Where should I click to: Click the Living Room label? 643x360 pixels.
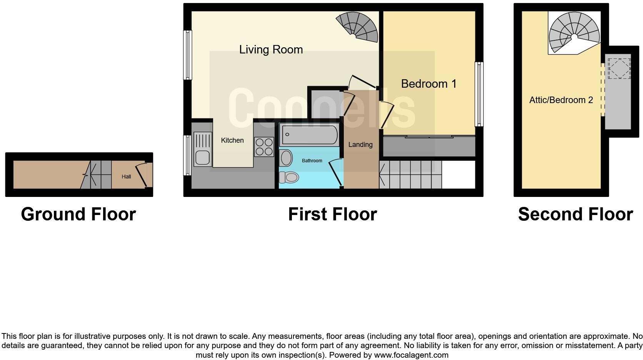271,50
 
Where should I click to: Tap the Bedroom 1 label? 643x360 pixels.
428,84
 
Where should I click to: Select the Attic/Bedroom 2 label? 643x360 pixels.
561,100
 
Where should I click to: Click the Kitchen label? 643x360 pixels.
232,140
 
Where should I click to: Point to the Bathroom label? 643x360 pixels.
312,161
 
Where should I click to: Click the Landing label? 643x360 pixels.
360,145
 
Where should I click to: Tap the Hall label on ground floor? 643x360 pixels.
126,177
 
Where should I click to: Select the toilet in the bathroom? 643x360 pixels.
289,177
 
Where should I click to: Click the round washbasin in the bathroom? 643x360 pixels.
287,158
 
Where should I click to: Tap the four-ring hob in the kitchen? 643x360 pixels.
264,147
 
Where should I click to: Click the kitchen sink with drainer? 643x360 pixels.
203,149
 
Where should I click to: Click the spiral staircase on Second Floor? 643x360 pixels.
574,32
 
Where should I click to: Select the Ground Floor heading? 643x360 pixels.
78,214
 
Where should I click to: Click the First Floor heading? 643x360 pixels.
332,214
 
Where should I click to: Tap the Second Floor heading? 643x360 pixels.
575,214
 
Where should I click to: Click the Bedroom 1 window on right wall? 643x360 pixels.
479,94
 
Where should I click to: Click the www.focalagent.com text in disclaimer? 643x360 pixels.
411,355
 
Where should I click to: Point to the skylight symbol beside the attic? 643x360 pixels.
619,68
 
